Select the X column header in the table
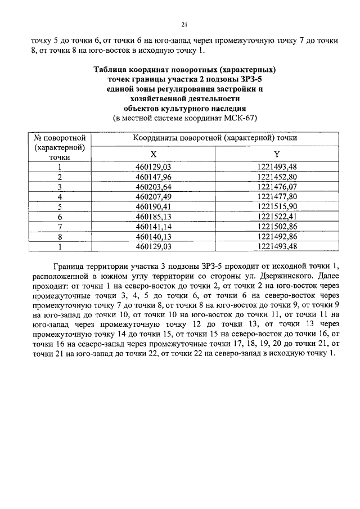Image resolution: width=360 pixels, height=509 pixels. [153, 154]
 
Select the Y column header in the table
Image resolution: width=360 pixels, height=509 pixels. [276, 154]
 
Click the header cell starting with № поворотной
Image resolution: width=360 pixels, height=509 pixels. [59, 137]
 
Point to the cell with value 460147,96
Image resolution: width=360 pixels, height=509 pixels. [153, 177]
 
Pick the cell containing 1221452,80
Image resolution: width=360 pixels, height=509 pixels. [276, 177]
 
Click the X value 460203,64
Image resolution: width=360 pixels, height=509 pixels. [153, 187]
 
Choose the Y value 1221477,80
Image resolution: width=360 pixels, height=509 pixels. [276, 197]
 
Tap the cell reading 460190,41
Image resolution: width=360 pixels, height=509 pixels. [153, 206]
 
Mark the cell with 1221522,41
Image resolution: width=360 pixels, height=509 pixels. [276, 216]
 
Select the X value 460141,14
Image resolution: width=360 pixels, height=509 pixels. [153, 226]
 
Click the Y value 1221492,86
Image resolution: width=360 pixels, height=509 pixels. [276, 236]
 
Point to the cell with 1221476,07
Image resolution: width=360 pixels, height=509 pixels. [276, 187]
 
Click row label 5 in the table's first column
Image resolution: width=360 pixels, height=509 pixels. [59, 206]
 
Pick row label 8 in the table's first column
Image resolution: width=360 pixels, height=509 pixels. [59, 236]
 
